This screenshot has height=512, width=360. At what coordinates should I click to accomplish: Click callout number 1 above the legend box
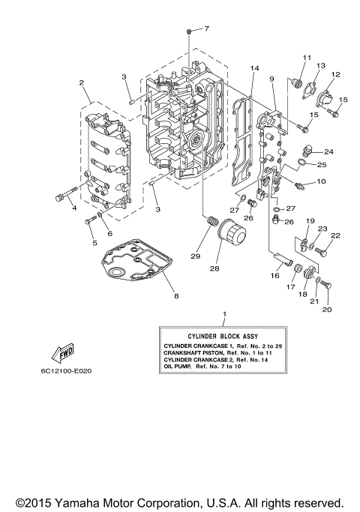click(x=223, y=313)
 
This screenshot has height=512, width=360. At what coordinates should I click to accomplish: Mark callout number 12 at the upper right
click(x=335, y=74)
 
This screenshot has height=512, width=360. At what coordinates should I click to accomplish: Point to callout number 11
click(x=306, y=58)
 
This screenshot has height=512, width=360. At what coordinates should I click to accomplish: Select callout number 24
click(x=328, y=151)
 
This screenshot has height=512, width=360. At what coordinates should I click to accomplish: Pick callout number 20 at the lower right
click(x=325, y=309)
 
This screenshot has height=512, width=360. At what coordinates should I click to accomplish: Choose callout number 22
click(x=335, y=236)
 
